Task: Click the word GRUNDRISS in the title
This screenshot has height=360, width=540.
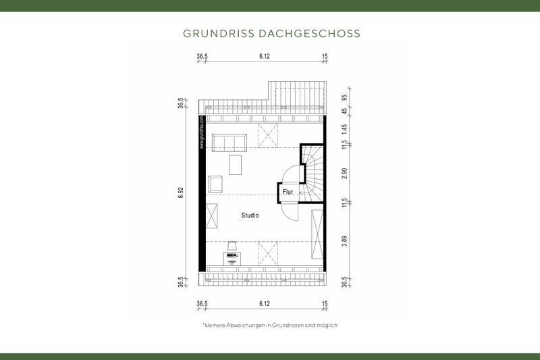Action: (x=216, y=32)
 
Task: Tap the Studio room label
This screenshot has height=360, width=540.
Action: (x=250, y=215)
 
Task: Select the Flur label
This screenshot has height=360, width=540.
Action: (x=287, y=192)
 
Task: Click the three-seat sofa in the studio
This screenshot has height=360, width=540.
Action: (x=230, y=142)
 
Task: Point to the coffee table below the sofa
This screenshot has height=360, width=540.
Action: (x=236, y=165)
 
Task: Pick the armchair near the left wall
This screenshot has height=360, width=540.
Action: (x=216, y=184)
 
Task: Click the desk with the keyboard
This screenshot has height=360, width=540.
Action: (x=232, y=257)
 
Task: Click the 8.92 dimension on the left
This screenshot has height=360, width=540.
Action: (x=181, y=192)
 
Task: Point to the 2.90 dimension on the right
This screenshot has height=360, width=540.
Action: (x=344, y=173)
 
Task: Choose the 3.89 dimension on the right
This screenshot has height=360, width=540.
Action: (x=344, y=240)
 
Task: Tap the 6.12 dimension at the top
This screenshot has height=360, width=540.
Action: (x=265, y=57)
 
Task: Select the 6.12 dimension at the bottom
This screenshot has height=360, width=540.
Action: (x=265, y=304)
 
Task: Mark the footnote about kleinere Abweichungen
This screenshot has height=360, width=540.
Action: (x=269, y=325)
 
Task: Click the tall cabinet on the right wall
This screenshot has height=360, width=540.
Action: (x=317, y=234)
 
